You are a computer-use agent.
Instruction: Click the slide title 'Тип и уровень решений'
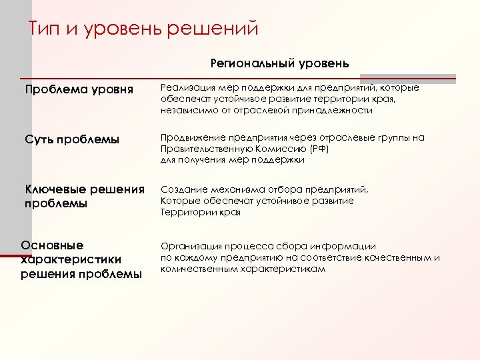(143, 30)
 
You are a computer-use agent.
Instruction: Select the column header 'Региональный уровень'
(279, 63)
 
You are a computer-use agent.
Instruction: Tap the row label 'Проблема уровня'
(79, 89)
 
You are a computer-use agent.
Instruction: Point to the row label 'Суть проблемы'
(72, 139)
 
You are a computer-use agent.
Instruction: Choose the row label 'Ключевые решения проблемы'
(85, 196)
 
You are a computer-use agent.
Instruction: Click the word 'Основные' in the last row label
(53, 245)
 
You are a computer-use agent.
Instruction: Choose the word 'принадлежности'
(335, 110)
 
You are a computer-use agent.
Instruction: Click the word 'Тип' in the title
(46, 30)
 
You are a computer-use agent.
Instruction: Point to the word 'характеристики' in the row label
(71, 259)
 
